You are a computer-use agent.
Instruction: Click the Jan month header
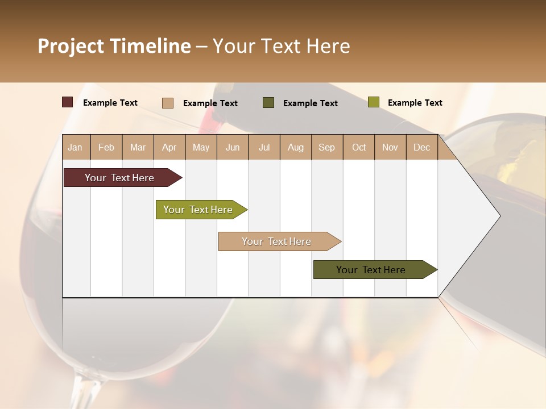pos(75,148)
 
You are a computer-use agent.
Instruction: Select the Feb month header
pos(106,148)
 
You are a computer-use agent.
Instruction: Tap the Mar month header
pos(138,148)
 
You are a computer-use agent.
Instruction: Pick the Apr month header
pos(169,148)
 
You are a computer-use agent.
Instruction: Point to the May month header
pos(201,148)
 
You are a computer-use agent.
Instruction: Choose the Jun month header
pos(233,148)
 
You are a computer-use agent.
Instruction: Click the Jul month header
pos(264,148)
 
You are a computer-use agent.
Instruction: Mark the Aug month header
pos(296,148)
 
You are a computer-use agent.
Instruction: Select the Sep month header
pos(327,148)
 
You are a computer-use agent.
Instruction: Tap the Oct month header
pos(359,148)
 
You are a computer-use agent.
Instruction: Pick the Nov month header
pos(390,148)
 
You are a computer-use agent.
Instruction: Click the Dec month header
pos(422,148)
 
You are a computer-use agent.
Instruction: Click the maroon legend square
pos(67,102)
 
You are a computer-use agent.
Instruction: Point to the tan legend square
pos(167,103)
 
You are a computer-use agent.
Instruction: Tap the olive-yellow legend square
pos(373,102)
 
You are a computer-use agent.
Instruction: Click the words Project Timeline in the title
pos(114,46)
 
